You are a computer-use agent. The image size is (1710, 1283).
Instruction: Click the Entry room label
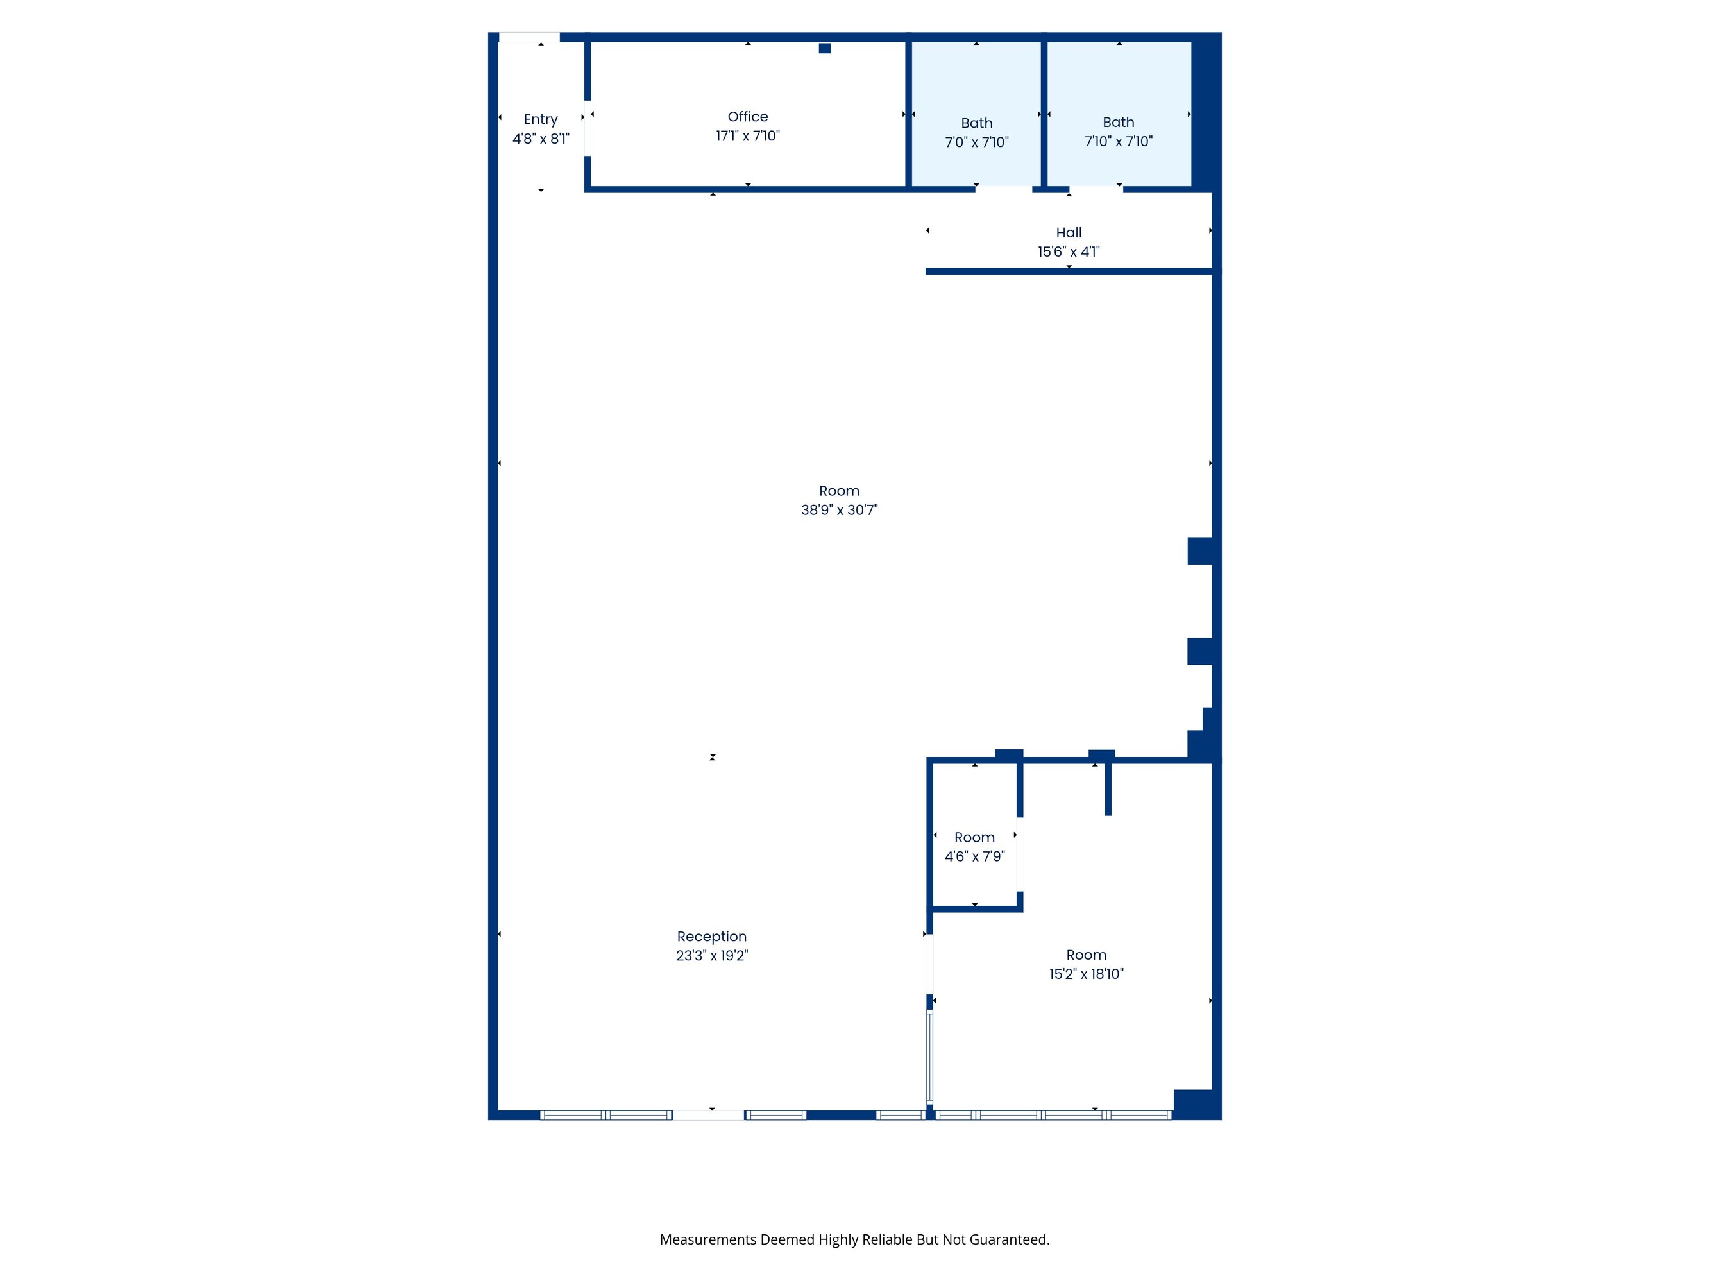click(540, 119)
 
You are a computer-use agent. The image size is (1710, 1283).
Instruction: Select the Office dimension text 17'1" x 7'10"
click(747, 136)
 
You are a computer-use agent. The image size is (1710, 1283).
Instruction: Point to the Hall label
click(1069, 232)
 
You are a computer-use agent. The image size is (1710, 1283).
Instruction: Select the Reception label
click(712, 937)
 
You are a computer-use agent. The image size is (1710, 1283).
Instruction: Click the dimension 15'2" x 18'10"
click(1086, 974)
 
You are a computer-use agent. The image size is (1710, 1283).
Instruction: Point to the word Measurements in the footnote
click(708, 1239)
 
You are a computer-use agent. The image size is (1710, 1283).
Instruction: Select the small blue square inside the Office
click(825, 48)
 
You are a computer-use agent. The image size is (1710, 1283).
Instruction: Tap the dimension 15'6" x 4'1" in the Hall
click(1069, 252)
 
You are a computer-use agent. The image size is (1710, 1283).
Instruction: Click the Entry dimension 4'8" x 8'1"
click(540, 139)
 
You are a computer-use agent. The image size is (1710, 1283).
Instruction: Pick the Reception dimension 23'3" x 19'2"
click(712, 956)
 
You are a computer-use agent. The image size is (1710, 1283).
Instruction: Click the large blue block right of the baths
click(1206, 112)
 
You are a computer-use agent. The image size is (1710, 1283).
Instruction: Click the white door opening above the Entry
click(529, 37)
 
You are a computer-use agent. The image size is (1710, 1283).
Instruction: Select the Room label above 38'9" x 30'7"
click(840, 491)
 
